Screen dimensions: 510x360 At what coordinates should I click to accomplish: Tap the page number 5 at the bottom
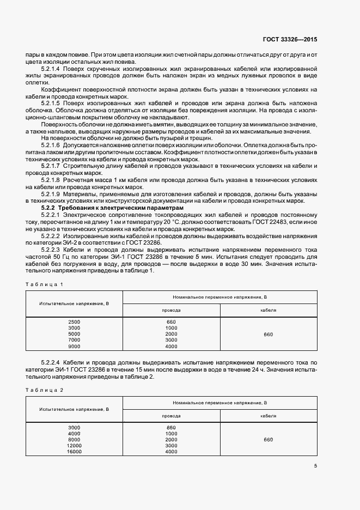[316, 465]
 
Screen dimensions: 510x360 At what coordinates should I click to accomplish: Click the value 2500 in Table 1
[74, 322]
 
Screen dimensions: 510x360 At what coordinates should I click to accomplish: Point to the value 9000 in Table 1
[74, 346]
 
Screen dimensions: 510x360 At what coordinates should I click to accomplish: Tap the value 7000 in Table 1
[74, 340]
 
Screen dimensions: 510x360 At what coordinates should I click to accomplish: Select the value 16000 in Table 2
[74, 452]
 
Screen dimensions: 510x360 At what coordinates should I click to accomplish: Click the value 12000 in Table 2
[74, 446]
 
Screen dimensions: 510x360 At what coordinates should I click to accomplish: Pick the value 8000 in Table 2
[74, 440]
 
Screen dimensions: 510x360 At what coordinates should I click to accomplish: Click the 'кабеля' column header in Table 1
[269, 309]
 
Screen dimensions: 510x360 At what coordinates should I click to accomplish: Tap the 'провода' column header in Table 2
[171, 415]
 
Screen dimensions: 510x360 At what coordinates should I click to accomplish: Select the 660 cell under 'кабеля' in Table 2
[269, 440]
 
